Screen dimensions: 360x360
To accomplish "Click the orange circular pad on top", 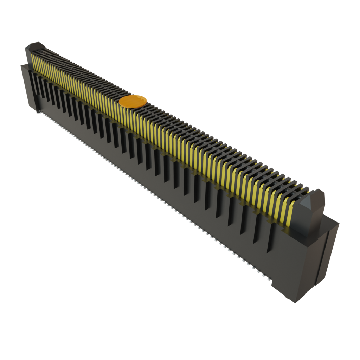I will (x=133, y=101).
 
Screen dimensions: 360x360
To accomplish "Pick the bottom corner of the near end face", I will (x=295, y=302).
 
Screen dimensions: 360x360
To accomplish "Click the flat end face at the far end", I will (x=29, y=88).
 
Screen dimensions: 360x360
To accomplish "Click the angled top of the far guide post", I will (x=35, y=46).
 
